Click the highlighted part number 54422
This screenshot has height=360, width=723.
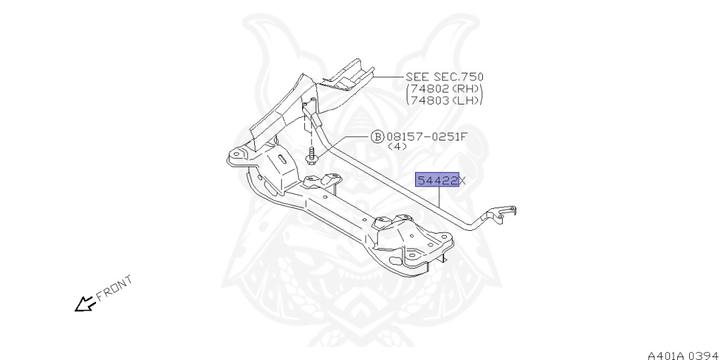(x=437, y=181)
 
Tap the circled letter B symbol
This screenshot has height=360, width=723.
(x=377, y=137)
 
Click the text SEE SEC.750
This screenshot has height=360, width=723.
(x=445, y=77)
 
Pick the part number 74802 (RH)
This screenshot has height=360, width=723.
(x=445, y=89)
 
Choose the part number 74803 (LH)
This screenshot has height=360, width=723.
(x=445, y=100)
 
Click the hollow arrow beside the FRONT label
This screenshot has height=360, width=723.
(x=85, y=304)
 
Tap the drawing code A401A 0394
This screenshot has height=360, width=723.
(x=681, y=353)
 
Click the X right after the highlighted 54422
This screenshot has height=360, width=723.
(x=463, y=181)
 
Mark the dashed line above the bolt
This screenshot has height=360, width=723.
(x=309, y=131)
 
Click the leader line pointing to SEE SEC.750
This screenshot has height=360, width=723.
(x=388, y=76)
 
